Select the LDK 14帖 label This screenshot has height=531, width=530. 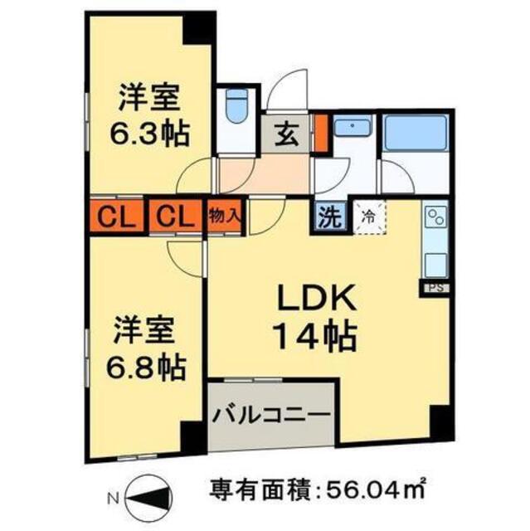(315, 316)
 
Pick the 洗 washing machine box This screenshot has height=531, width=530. (330, 220)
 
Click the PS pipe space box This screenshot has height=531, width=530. (435, 287)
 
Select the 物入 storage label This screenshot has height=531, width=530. (225, 216)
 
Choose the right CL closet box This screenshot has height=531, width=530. (173, 218)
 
